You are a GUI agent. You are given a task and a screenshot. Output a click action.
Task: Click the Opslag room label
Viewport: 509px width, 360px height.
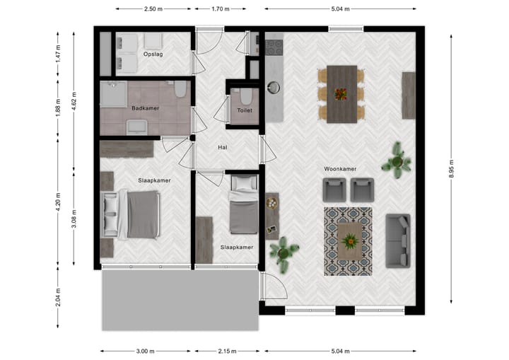pos(153,54)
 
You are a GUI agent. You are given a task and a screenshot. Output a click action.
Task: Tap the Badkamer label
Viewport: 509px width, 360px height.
pos(145,108)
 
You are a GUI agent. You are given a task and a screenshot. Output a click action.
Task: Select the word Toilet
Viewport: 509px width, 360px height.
pos(245,111)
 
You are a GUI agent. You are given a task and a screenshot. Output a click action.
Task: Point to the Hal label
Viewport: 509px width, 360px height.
pos(223,147)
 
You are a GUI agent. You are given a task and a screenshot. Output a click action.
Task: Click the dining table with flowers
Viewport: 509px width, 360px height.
pos(342,94)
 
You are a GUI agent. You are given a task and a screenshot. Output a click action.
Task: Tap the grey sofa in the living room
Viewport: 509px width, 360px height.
pos(397,241)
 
